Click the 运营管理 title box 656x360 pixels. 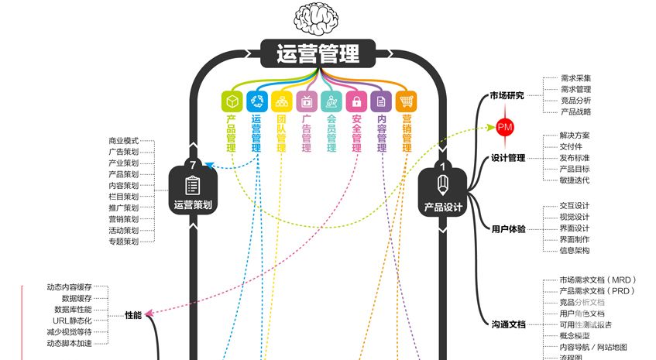click(x=318, y=55)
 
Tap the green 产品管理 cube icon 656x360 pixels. click(x=231, y=101)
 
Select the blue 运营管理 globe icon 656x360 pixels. click(x=256, y=101)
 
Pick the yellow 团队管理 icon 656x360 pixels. click(x=281, y=101)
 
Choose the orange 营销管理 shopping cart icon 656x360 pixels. click(x=406, y=101)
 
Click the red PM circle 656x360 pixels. click(x=505, y=126)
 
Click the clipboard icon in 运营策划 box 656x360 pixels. click(x=193, y=186)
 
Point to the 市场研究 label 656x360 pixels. click(x=507, y=96)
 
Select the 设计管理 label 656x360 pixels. click(x=508, y=159)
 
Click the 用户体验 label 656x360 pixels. click(x=508, y=229)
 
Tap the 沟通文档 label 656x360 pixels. click(x=508, y=324)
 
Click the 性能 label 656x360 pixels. click(x=133, y=315)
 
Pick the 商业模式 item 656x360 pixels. click(x=123, y=142)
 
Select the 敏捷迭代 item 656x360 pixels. click(x=574, y=180)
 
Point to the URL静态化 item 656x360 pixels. click(x=72, y=321)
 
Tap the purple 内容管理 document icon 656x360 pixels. click(x=380, y=101)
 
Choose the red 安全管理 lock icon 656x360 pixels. click(x=355, y=101)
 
